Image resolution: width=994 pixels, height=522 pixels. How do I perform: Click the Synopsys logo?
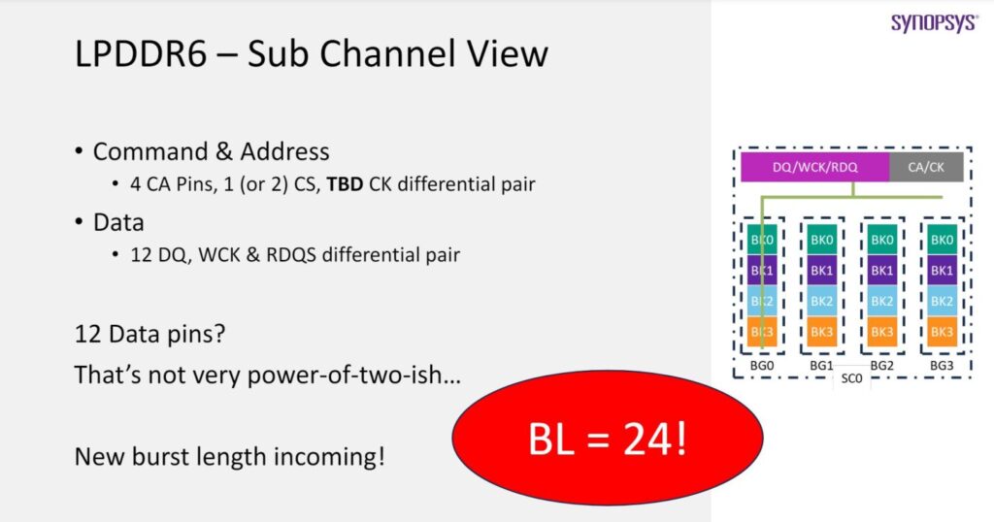(934, 22)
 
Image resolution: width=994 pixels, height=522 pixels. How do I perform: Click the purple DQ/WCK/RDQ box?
(814, 167)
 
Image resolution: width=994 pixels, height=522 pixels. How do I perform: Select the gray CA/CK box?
(926, 167)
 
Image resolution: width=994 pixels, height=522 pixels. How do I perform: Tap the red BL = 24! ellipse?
(609, 440)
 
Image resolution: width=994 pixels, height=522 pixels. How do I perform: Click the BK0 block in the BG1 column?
(821, 240)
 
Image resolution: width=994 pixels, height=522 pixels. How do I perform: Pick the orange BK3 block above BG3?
(942, 332)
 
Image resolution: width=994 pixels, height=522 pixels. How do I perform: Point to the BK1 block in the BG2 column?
(881, 271)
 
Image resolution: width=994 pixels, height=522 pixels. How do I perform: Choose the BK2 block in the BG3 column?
(942, 301)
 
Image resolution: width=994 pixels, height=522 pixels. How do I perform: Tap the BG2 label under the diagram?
(881, 365)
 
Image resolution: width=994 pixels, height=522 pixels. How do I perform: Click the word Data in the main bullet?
(118, 222)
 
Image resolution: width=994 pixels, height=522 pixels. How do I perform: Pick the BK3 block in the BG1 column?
(821, 332)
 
